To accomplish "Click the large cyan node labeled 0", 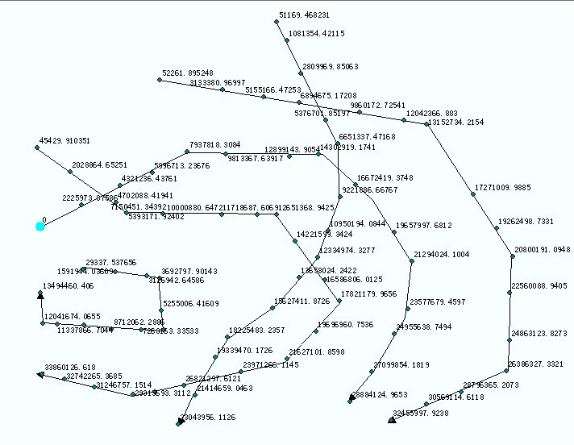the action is [x=40, y=227].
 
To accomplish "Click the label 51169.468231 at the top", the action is [x=304, y=15].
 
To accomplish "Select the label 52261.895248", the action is [x=187, y=73].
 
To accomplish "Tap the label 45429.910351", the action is [x=64, y=141].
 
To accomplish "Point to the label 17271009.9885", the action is [x=502, y=188].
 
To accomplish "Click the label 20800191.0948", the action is [x=542, y=250].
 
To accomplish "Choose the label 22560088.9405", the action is [x=539, y=286].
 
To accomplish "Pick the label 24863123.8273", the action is [x=539, y=333].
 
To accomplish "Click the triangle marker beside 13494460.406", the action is [x=40, y=295].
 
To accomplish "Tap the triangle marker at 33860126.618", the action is [x=40, y=374].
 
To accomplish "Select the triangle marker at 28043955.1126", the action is [x=181, y=421].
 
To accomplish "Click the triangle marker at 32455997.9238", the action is [x=392, y=418].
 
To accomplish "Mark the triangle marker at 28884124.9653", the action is [x=351, y=398].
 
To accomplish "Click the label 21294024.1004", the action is [x=441, y=255].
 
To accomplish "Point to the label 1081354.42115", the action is [x=316, y=34].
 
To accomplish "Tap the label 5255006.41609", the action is [x=190, y=304].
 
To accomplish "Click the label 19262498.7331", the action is [x=526, y=221].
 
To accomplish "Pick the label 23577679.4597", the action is [x=437, y=302].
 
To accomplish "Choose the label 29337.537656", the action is [x=110, y=263].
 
